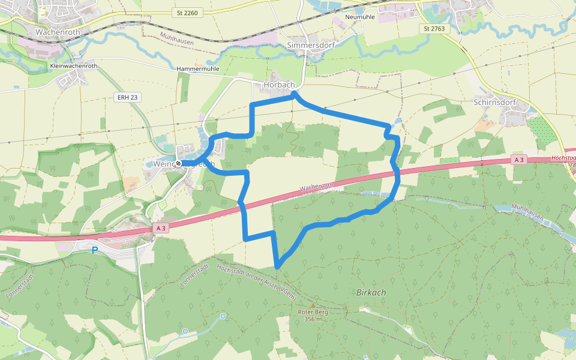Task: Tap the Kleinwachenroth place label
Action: point(74,66)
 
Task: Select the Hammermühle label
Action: point(198,69)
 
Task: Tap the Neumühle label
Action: point(361,17)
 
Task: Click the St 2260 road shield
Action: point(187,13)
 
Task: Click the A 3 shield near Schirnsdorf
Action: point(519,160)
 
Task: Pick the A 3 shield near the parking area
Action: point(160,228)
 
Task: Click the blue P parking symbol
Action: point(94,250)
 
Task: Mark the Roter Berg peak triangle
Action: point(312,305)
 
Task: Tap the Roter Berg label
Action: point(313,312)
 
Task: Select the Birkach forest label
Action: point(371,292)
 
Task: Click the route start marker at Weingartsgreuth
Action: point(178,163)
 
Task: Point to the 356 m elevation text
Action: point(313,319)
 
